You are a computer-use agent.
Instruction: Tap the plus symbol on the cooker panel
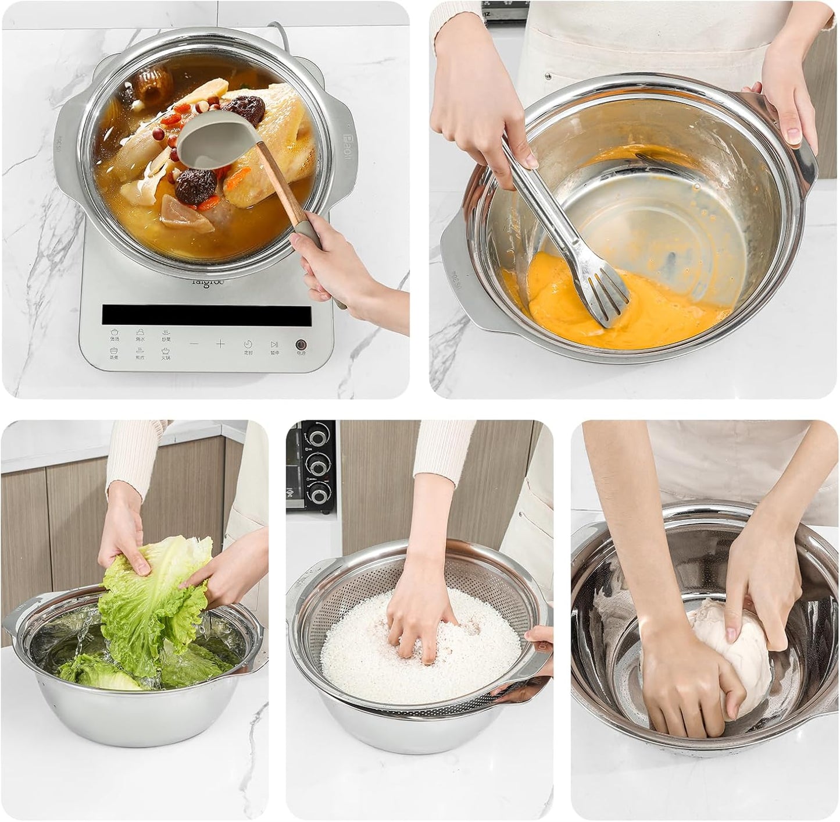(220, 344)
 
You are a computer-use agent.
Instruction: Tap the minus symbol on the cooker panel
(194, 344)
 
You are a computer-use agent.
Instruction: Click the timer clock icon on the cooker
(248, 344)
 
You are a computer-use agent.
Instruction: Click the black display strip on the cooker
(206, 315)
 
